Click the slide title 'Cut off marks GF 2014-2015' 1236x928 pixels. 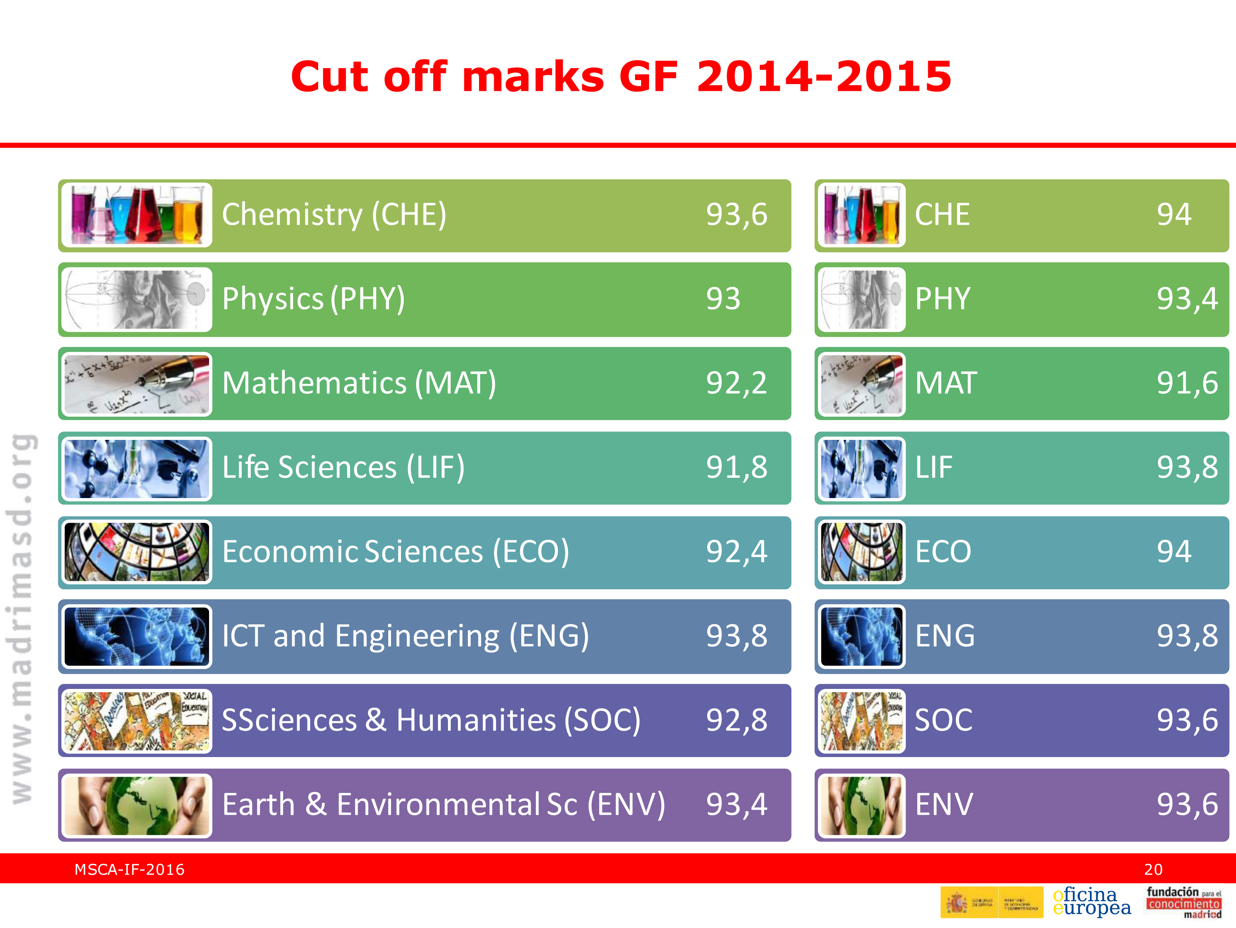pyautogui.click(x=621, y=77)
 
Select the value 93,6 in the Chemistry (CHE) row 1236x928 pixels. pyautogui.click(x=736, y=215)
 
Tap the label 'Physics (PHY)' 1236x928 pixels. pyautogui.click(x=313, y=299)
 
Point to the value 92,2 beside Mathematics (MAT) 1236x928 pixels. pyautogui.click(x=736, y=383)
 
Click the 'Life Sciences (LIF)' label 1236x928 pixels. pyautogui.click(x=343, y=468)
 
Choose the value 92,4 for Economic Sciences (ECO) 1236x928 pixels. pyautogui.click(x=736, y=552)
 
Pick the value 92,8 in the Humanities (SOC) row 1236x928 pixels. pyautogui.click(x=736, y=720)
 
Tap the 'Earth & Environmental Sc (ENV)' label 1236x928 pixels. pyautogui.click(x=444, y=805)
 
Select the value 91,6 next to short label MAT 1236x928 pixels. pyautogui.click(x=1187, y=383)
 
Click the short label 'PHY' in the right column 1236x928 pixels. pyautogui.click(x=943, y=299)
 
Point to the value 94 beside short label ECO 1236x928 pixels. pyautogui.click(x=1173, y=552)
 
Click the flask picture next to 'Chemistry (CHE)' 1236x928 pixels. pyautogui.click(x=136, y=215)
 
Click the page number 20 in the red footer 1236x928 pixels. pyautogui.click(x=1153, y=870)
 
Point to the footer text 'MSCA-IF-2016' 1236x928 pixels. pyautogui.click(x=130, y=870)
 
